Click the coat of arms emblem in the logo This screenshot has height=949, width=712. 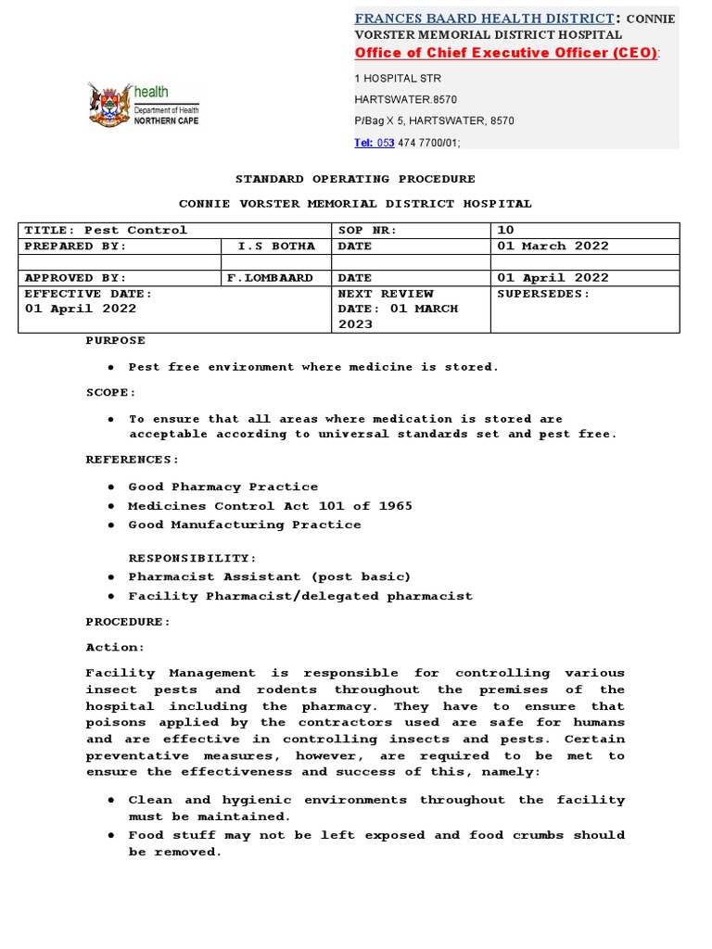(x=108, y=104)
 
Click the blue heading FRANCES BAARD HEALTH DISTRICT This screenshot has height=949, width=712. (x=484, y=19)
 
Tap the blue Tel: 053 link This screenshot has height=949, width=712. (x=375, y=143)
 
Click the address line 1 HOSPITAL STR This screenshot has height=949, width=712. (x=398, y=79)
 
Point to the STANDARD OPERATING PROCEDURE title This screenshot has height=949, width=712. (x=355, y=179)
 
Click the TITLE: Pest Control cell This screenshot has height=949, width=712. (x=106, y=230)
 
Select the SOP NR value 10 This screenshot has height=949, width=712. (x=506, y=230)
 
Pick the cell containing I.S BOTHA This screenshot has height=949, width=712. (x=276, y=247)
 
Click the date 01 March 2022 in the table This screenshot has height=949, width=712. (x=553, y=247)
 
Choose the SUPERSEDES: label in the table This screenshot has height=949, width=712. (x=543, y=294)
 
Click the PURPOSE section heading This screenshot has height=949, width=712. (x=116, y=341)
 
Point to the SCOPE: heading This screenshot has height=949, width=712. (x=111, y=393)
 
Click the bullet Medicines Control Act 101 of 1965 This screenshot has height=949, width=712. (x=270, y=506)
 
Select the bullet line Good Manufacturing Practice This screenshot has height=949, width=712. (x=245, y=525)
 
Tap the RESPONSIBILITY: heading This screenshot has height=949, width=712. (x=193, y=558)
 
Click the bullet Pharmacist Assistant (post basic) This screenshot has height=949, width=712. (x=269, y=576)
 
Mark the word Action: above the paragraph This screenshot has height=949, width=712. (x=116, y=648)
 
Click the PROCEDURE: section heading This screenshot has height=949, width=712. (x=129, y=622)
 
